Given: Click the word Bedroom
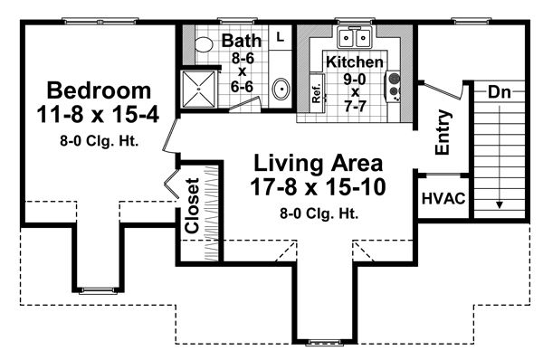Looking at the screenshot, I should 98,90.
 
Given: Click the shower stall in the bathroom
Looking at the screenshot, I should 199,88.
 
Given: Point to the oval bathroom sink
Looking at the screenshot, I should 281,90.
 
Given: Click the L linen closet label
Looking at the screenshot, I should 280,37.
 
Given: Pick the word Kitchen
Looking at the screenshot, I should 355,62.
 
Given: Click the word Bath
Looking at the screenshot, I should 241,41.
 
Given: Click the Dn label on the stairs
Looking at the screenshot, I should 499,92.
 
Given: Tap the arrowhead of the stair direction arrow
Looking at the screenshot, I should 499,206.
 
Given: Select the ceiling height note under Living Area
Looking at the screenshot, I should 318,214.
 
